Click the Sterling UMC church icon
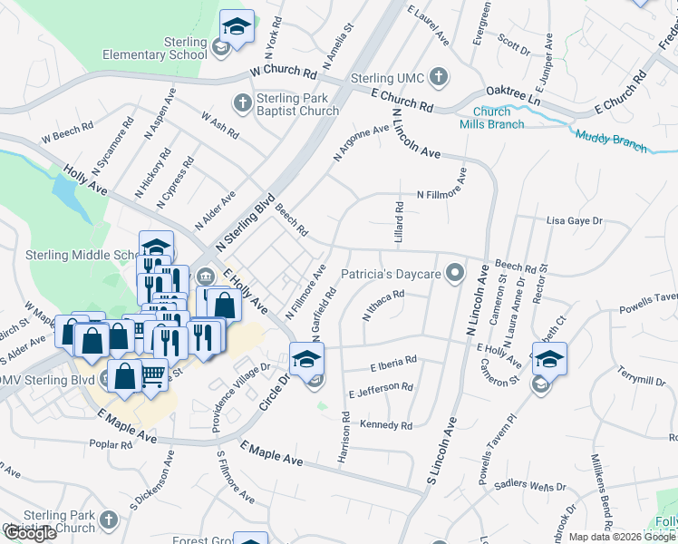coord(439,77)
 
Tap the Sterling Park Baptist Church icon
coord(242,103)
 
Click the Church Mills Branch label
coord(491,118)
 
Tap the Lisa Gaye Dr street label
coord(576,220)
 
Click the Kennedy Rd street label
coord(386,425)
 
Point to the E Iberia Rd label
coord(393,363)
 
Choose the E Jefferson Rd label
coord(381,391)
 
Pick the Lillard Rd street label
coord(399,220)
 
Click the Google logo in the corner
coord(31,533)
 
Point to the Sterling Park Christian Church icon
coord(109,520)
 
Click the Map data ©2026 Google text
coord(622,537)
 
